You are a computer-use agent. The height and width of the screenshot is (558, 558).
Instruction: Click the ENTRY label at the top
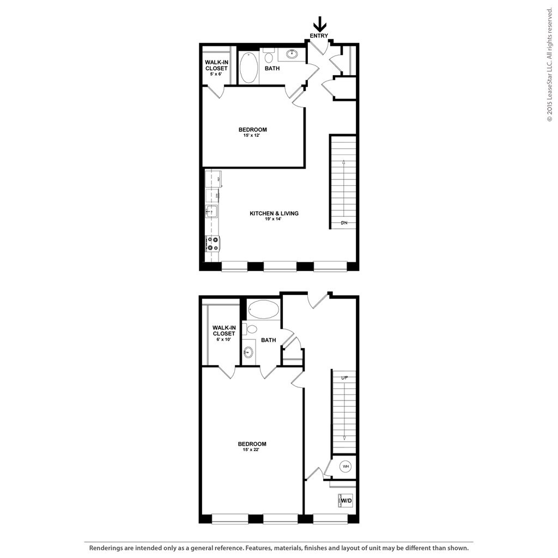[319, 36]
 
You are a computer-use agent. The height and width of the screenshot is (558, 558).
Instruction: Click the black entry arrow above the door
[319, 24]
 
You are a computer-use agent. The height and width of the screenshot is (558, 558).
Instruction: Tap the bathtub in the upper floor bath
[248, 68]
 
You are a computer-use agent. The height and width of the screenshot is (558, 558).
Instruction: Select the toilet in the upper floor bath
[269, 57]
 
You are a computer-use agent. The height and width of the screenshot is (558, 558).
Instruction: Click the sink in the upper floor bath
[292, 54]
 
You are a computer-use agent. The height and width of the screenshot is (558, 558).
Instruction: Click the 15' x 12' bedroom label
[253, 132]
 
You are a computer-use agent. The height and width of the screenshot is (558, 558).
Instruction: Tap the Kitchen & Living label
[274, 216]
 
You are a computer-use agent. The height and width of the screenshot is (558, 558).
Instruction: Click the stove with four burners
[212, 243]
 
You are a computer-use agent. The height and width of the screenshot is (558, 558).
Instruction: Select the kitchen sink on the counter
[211, 211]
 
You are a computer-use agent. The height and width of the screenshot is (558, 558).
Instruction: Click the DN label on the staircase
[344, 223]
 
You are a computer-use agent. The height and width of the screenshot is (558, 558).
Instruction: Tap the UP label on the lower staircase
[344, 378]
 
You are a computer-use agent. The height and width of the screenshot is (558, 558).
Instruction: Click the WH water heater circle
[345, 466]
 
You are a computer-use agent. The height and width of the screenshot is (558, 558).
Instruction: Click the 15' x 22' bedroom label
[252, 447]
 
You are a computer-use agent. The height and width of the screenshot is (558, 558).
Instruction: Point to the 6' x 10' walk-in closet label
[224, 333]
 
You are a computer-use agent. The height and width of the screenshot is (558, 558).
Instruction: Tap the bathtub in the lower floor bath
[263, 310]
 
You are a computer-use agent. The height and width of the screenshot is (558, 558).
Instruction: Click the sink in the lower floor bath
[248, 352]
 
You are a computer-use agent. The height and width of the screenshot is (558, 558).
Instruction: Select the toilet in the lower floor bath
[251, 329]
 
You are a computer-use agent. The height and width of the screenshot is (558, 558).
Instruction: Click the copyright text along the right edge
[550, 65]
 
